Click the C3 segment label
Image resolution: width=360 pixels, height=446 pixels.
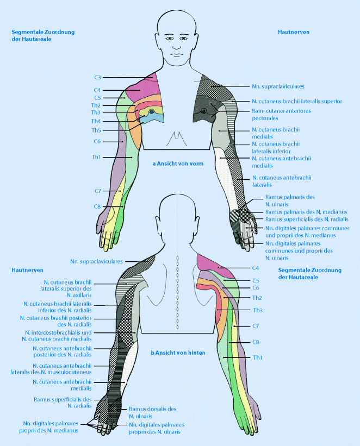[x=97, y=78]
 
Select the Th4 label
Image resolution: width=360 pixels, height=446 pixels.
[x=96, y=121]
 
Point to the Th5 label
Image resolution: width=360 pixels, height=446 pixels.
[x=96, y=130]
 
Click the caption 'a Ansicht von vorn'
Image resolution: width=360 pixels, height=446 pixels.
[x=175, y=163]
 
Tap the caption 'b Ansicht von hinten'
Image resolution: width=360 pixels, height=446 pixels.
[x=178, y=353]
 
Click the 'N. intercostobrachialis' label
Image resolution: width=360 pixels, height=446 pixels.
[x=59, y=332]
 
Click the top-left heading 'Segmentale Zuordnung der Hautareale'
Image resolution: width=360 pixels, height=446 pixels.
[x=43, y=35]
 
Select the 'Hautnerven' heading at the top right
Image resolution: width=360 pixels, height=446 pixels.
[x=293, y=32]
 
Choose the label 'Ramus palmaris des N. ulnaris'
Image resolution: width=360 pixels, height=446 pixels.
[x=290, y=200]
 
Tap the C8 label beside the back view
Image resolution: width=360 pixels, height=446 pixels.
[x=256, y=342]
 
